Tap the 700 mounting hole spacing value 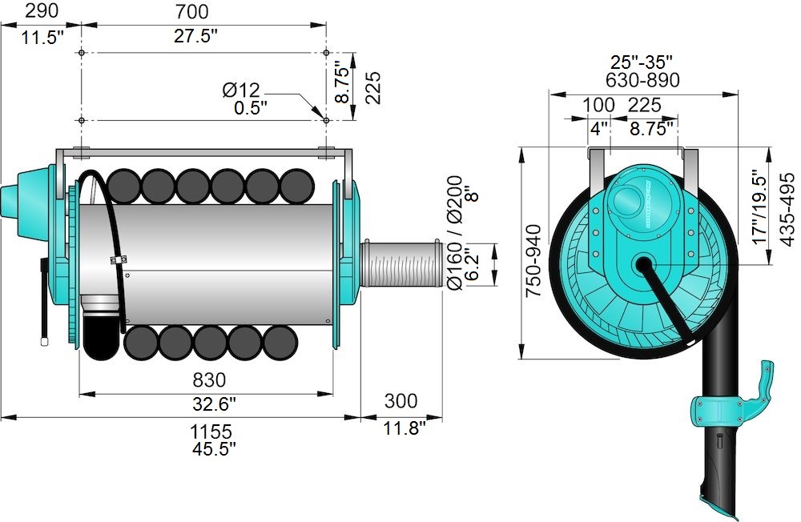pyautogui.click(x=191, y=11)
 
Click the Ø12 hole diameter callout pyautogui.click(x=241, y=90)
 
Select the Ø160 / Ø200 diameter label pyautogui.click(x=456, y=232)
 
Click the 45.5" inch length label pyautogui.click(x=214, y=449)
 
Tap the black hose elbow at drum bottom pyautogui.click(x=102, y=336)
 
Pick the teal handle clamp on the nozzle pyautogui.click(x=721, y=410)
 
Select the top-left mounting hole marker pyautogui.click(x=82, y=53)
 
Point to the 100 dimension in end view pyautogui.click(x=598, y=105)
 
